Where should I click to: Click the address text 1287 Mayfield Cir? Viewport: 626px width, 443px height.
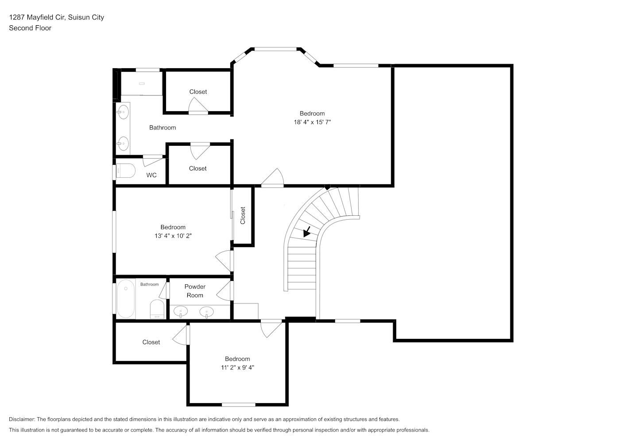(x=37, y=17)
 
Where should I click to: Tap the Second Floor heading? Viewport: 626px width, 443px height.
(x=30, y=28)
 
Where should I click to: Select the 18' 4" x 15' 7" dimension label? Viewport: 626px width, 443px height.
(x=312, y=122)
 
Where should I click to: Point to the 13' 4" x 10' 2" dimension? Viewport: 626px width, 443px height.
(x=173, y=236)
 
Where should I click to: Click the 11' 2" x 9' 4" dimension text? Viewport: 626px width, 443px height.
(x=238, y=368)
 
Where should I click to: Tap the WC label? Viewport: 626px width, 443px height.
(x=151, y=175)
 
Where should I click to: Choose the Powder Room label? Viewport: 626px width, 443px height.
(x=195, y=291)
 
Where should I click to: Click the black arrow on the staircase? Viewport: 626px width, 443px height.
(x=307, y=232)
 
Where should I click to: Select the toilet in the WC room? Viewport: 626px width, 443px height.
(x=126, y=171)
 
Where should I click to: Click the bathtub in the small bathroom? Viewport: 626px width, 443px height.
(x=126, y=299)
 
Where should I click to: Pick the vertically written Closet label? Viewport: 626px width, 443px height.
(x=243, y=215)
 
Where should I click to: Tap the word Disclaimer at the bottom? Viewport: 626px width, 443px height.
(x=22, y=419)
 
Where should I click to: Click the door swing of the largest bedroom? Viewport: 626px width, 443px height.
(x=273, y=177)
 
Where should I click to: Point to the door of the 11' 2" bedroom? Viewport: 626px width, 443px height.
(x=271, y=329)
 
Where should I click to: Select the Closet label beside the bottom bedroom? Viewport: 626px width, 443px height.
(x=151, y=342)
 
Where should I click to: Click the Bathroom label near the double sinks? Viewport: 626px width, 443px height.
(x=162, y=128)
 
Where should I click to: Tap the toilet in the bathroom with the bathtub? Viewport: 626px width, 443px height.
(x=157, y=309)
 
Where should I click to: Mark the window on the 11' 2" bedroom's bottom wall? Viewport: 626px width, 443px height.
(x=239, y=404)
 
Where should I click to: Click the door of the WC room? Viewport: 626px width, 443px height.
(x=153, y=160)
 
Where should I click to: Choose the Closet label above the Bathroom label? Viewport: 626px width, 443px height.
(x=198, y=92)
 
